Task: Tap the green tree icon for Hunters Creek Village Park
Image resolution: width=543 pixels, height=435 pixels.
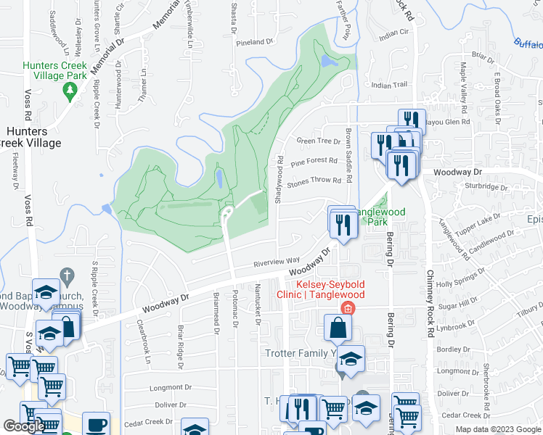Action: point(70,91)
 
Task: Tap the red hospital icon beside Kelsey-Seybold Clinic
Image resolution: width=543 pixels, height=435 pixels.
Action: point(348,309)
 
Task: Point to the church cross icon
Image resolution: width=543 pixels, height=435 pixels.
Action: point(66,275)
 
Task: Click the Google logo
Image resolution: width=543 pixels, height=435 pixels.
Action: point(24,426)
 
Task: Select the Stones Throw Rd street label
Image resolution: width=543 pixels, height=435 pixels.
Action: point(314,181)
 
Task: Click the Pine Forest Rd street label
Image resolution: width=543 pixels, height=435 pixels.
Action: point(314,161)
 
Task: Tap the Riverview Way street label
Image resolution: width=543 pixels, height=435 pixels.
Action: point(277,261)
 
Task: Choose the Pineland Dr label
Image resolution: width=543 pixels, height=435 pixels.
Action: point(254,42)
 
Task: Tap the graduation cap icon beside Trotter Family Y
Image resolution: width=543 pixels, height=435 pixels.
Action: point(351,360)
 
